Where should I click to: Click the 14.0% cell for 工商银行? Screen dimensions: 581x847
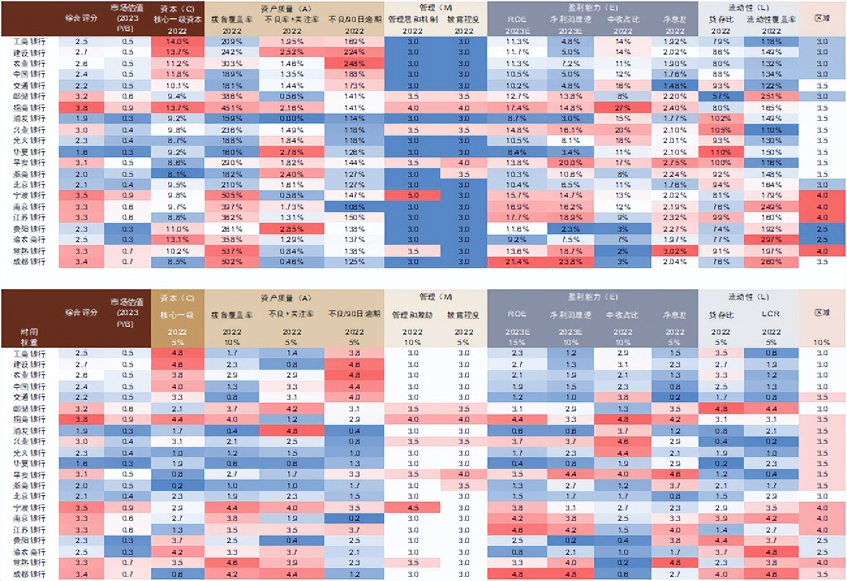177,42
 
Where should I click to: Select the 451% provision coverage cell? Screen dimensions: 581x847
231,107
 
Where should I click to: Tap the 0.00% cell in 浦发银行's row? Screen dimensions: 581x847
291,119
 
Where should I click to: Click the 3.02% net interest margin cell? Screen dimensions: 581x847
676,251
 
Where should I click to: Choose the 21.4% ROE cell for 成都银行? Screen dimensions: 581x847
517,262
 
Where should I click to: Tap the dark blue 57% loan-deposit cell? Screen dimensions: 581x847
721,96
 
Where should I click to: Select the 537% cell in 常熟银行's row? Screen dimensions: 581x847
231,251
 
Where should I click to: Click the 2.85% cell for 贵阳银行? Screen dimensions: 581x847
291,229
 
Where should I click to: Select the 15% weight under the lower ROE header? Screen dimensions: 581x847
517,342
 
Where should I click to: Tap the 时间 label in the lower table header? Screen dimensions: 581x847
29,332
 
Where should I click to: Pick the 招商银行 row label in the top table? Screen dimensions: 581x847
29,107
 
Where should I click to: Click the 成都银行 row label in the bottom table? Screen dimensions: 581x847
29,574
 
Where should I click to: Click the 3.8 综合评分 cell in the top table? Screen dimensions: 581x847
81,107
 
